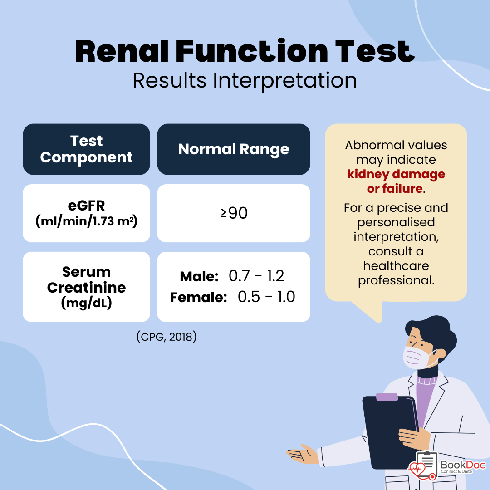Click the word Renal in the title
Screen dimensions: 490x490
[122, 51]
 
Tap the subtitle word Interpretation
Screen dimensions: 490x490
[284, 81]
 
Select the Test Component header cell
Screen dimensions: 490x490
[86, 149]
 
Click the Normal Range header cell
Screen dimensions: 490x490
[234, 149]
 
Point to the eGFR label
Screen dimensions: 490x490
[86, 206]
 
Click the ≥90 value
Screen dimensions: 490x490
[234, 213]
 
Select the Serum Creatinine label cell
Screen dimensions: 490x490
[86, 287]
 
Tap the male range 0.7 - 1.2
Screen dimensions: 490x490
[256, 276]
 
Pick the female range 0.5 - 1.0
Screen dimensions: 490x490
[266, 297]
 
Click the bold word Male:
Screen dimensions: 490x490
[199, 277]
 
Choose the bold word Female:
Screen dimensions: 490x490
[199, 298]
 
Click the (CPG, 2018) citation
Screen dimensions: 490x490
[167, 337]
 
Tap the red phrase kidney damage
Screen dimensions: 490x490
[396, 174]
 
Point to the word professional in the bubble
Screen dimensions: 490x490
[396, 280]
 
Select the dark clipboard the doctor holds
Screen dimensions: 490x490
[389, 433]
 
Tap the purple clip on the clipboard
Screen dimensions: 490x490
[387, 397]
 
